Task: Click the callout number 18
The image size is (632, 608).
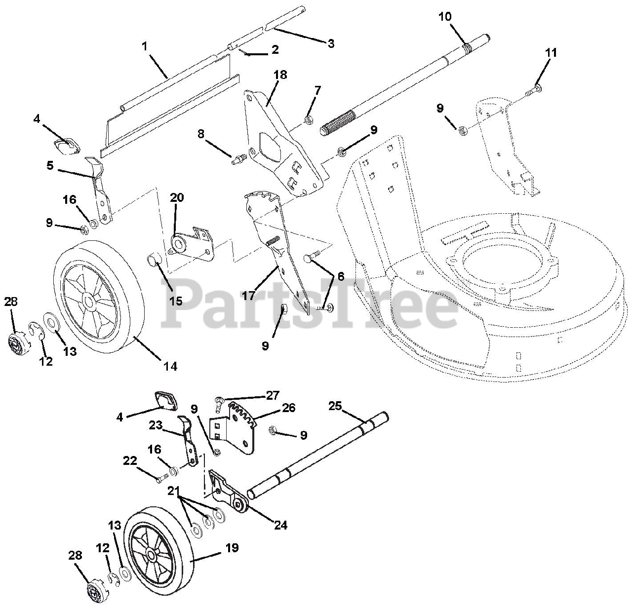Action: pyautogui.click(x=280, y=75)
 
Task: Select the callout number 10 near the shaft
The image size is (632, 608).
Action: pyautogui.click(x=444, y=17)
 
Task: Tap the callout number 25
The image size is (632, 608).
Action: pyautogui.click(x=335, y=406)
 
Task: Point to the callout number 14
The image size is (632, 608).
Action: pyautogui.click(x=170, y=366)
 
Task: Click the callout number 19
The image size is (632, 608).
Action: pyautogui.click(x=232, y=547)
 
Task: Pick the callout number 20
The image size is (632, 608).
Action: pyautogui.click(x=177, y=198)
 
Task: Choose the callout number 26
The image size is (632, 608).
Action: pyautogui.click(x=289, y=408)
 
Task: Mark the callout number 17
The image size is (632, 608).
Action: pyautogui.click(x=248, y=296)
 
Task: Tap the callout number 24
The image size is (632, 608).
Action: pyautogui.click(x=280, y=525)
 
